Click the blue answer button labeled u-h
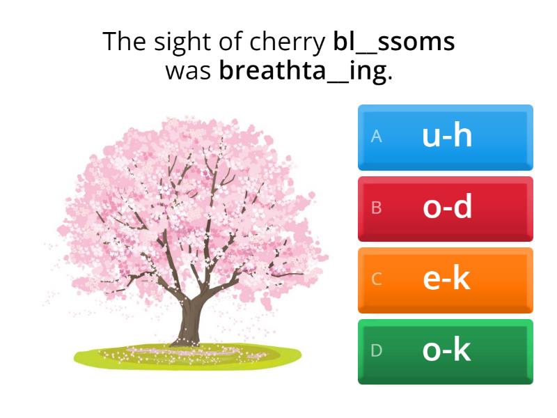click(446, 137)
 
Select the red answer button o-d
click(446, 208)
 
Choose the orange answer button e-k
click(446, 279)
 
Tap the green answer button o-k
click(446, 351)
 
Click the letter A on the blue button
click(377, 137)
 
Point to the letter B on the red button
click(377, 208)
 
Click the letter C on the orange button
click(377, 280)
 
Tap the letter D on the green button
click(377, 351)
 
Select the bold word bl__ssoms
click(394, 42)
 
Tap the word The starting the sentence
click(125, 42)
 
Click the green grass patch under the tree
click(104, 357)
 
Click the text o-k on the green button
click(447, 351)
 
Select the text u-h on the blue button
click(447, 137)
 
